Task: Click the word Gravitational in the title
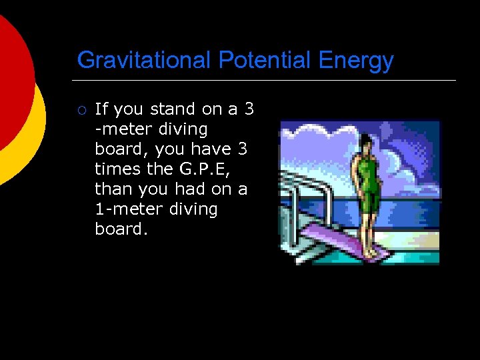[144, 61]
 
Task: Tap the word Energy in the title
[356, 61]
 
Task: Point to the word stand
[173, 109]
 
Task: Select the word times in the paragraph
[115, 169]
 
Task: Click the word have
[212, 149]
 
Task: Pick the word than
[114, 189]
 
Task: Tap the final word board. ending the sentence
[121, 229]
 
